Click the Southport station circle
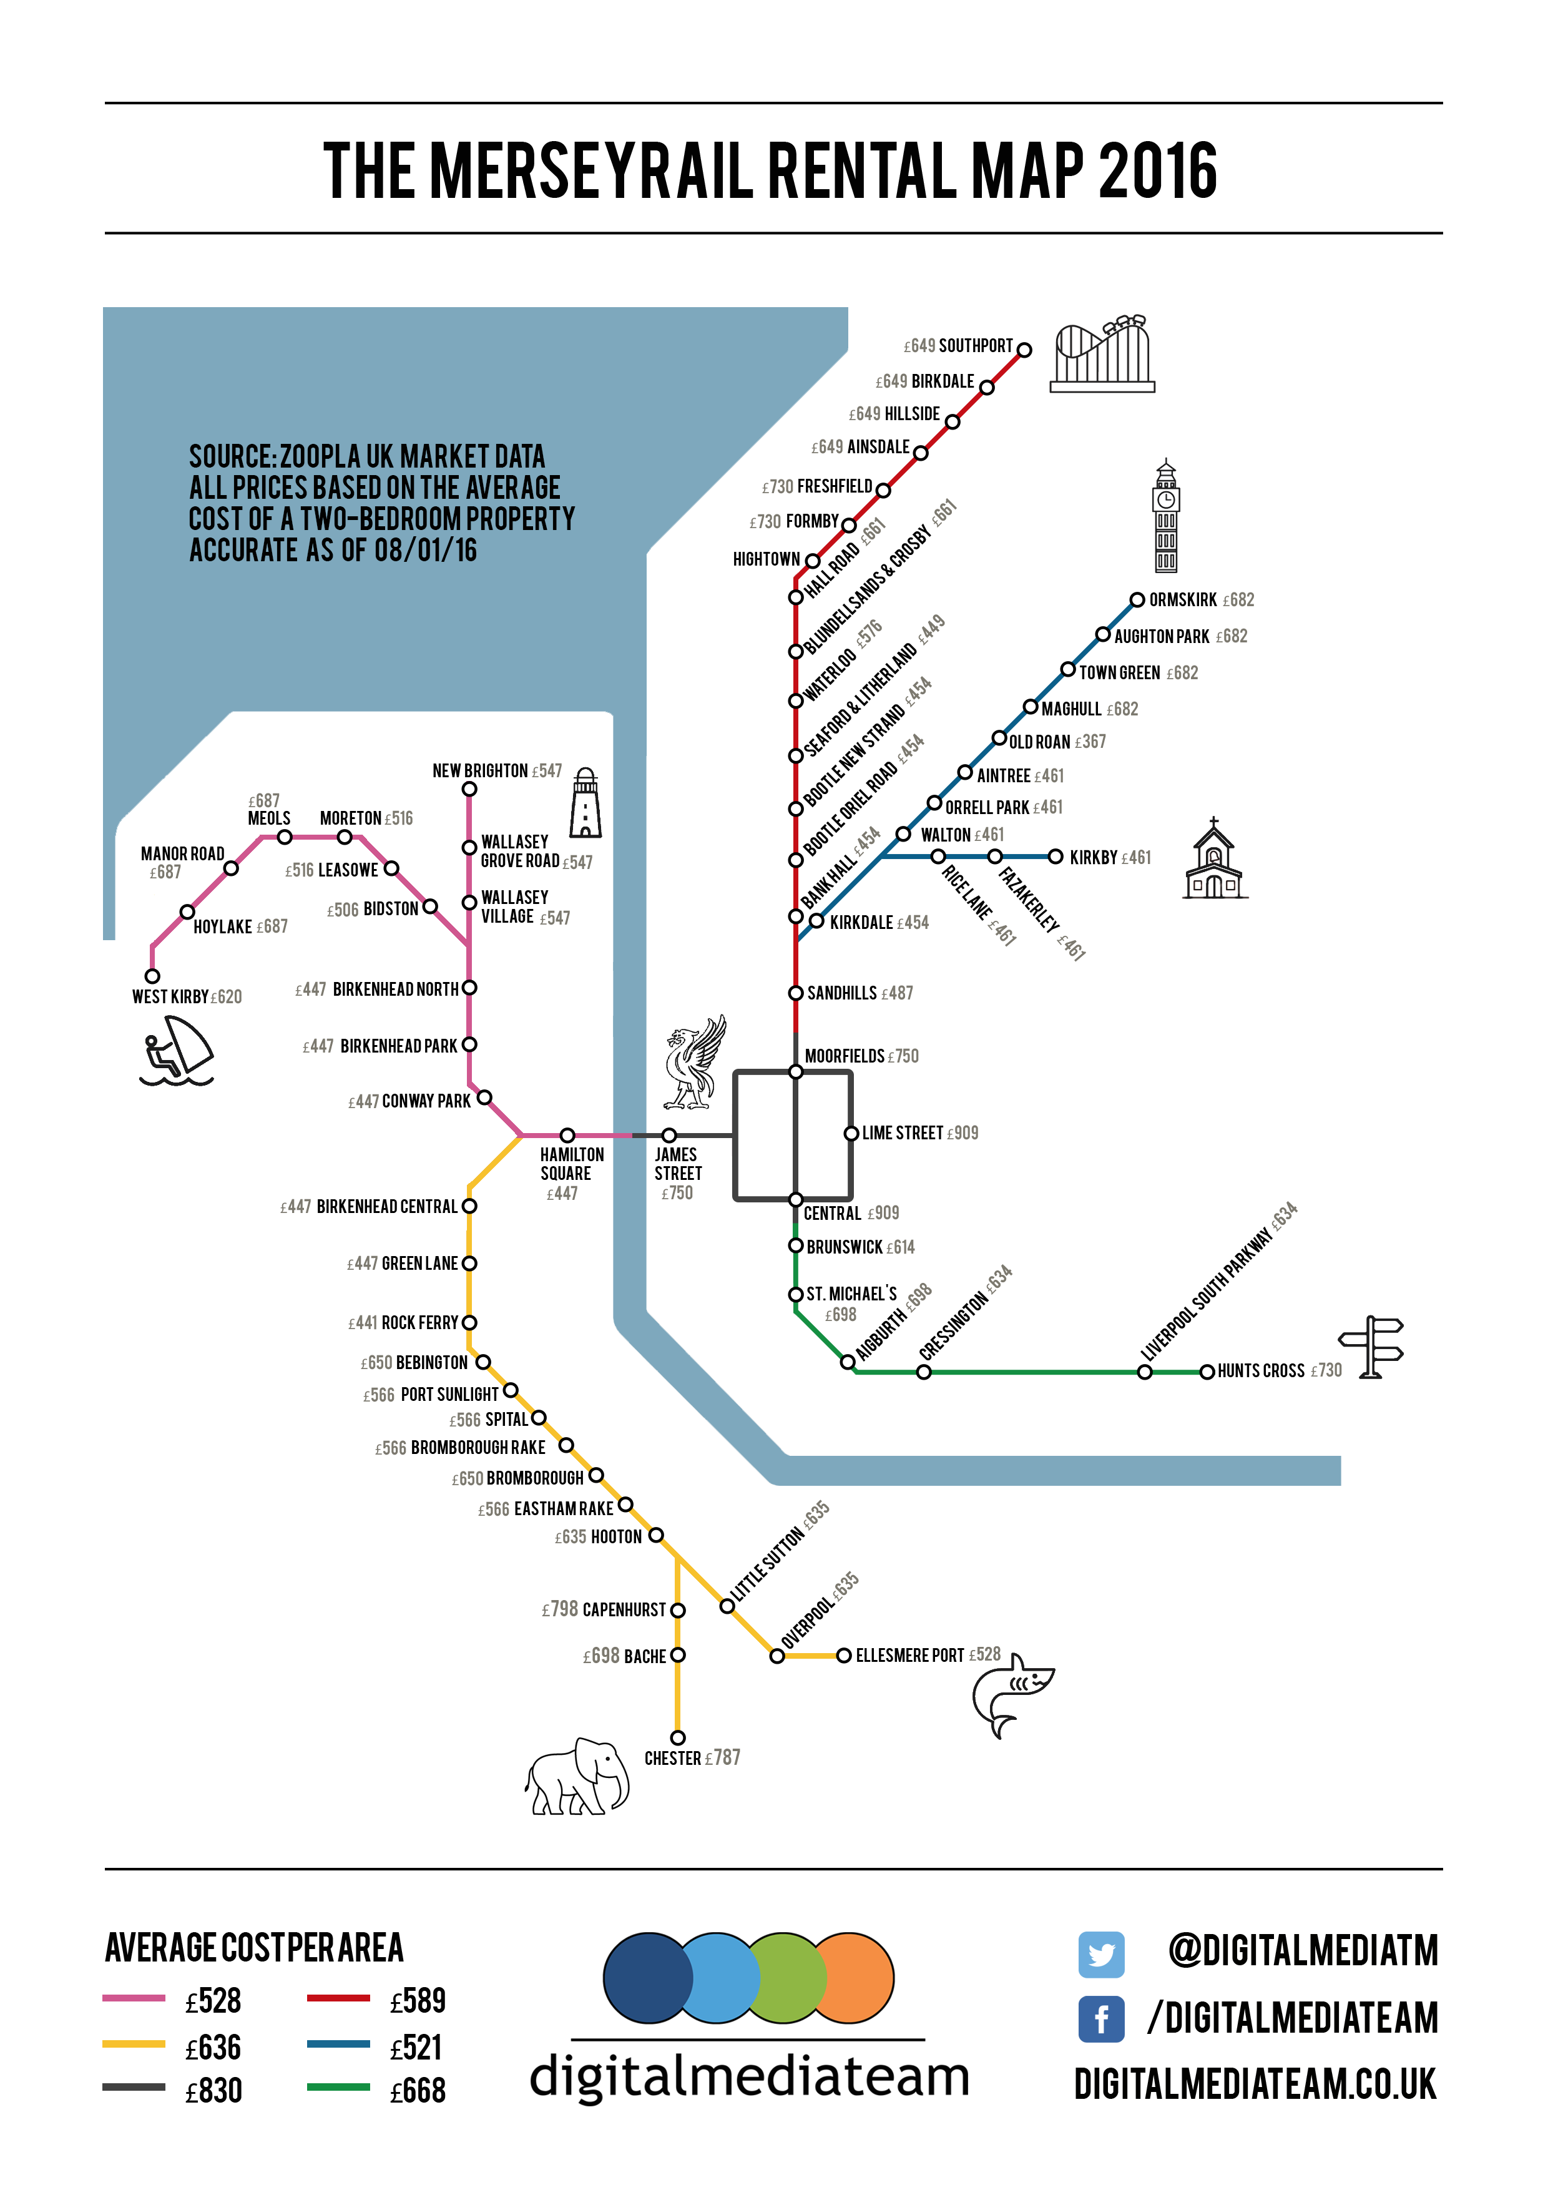(x=1024, y=350)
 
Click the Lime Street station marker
(x=851, y=1133)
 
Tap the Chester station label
(x=672, y=1758)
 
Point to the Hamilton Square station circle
(x=567, y=1135)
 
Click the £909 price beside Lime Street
(x=963, y=1133)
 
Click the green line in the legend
(x=338, y=2087)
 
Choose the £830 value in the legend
(x=213, y=2091)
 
